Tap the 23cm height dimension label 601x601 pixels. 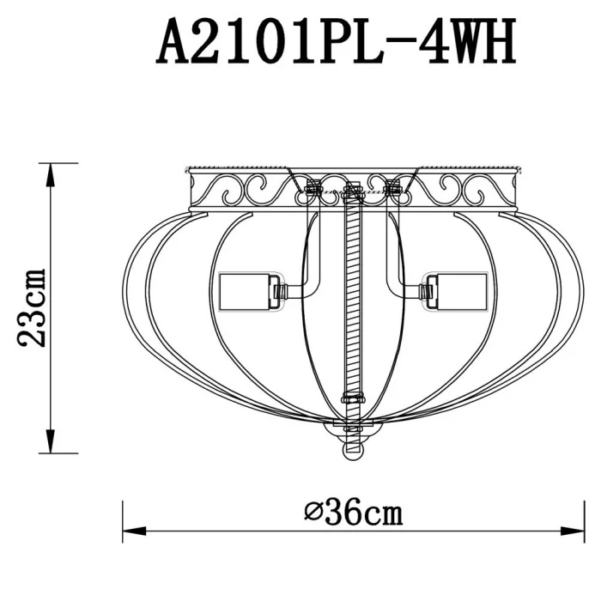point(33,307)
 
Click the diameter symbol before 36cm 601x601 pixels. point(313,514)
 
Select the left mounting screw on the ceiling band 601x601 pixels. point(313,185)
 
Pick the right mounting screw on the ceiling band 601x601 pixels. point(394,185)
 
